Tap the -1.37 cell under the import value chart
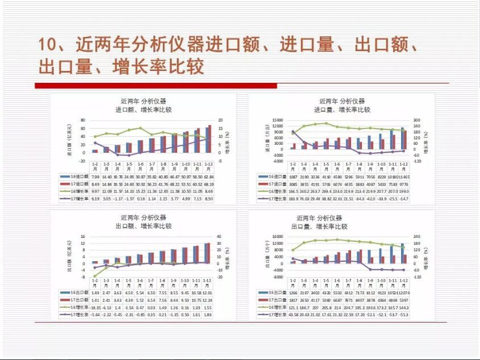[129, 199]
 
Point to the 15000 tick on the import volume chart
[277, 120]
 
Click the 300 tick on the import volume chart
[415, 120]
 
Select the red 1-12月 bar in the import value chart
[210, 139]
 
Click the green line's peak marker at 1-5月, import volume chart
[326, 123]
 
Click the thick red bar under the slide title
[156, 86]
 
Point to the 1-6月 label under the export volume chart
[337, 282]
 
